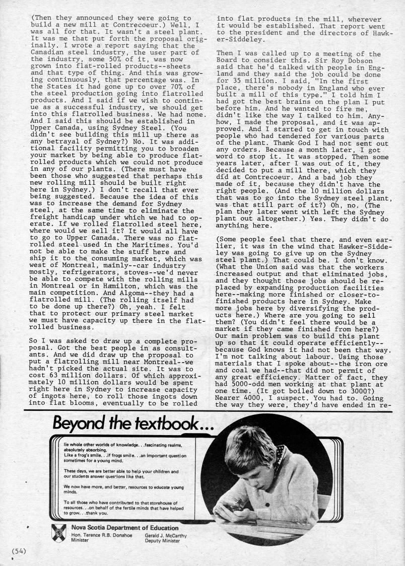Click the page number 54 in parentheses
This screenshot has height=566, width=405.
19,550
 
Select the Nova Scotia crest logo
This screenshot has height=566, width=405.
59,531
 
